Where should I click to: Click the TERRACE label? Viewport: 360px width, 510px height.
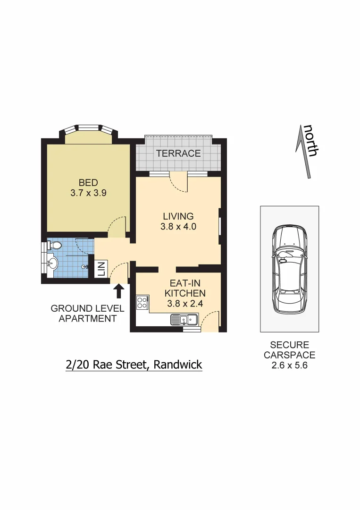point(178,153)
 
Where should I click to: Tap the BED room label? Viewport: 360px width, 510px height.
point(88,183)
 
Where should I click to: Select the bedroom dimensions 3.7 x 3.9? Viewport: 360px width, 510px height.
point(88,193)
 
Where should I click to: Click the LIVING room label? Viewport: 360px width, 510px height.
point(178,216)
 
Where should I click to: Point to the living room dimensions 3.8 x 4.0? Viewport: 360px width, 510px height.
point(178,226)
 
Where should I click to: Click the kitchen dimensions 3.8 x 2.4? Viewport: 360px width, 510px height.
point(185,304)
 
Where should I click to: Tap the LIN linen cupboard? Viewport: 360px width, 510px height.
point(101,269)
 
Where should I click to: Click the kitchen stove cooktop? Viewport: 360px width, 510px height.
point(142,302)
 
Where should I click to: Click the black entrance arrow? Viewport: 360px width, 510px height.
point(119,290)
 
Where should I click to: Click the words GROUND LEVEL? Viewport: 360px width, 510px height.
point(87,309)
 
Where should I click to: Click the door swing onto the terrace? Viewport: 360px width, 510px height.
point(178,183)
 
